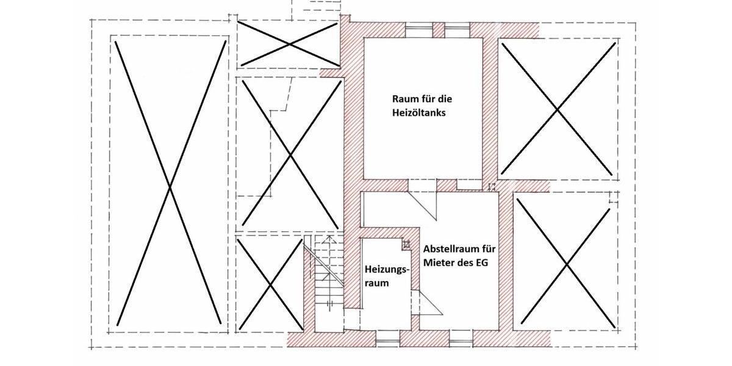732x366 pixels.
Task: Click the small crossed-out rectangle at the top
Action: (289, 43)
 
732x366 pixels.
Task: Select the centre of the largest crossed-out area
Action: (169, 181)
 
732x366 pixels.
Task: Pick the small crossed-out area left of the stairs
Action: (269, 283)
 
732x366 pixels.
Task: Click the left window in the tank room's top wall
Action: (418, 27)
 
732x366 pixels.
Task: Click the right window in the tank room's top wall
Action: (457, 27)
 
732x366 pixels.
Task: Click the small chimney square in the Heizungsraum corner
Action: (406, 244)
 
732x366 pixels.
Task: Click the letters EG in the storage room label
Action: (487, 264)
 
